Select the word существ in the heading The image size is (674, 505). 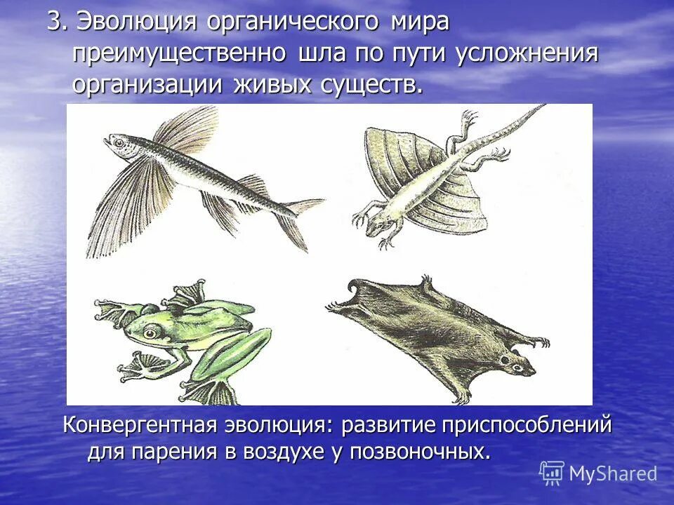373,86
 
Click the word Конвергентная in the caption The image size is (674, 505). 140,426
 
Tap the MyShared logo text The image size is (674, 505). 612,473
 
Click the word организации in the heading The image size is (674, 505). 144,86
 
